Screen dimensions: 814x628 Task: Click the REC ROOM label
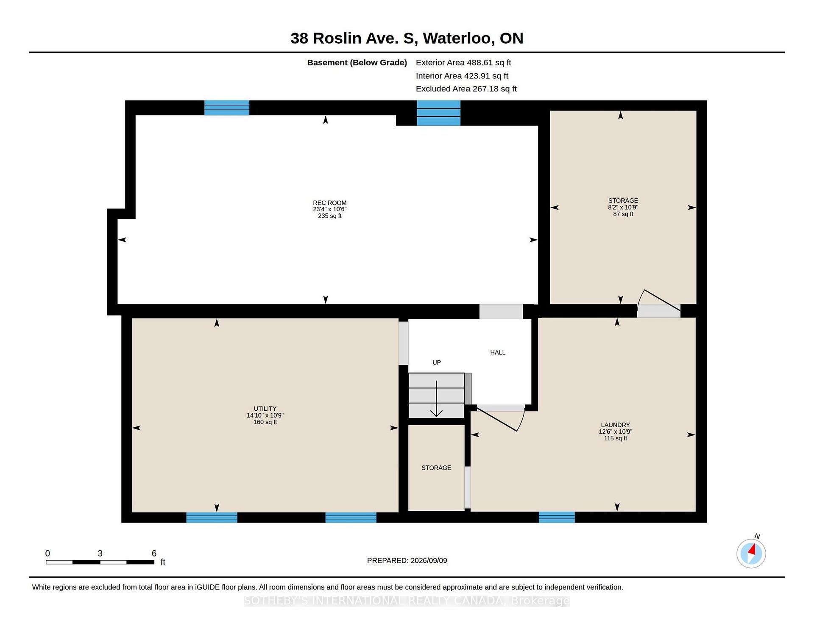329,203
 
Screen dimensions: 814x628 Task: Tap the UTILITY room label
265,409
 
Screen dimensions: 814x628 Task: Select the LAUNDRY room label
615,425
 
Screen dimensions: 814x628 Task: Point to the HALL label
498,352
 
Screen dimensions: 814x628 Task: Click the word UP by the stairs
437,362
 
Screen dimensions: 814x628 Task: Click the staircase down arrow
436,398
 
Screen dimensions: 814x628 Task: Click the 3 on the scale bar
100,553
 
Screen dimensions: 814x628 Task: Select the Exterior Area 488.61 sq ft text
463,63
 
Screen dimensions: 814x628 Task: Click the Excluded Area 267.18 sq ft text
466,89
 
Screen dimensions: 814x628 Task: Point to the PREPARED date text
407,561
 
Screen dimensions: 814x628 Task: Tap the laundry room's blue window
557,517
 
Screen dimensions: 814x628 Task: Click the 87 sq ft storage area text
623,214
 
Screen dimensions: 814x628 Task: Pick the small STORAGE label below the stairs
436,468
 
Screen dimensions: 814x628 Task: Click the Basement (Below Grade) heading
357,63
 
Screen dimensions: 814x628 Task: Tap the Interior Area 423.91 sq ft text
462,76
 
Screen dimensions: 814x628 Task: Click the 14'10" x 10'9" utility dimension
265,415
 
